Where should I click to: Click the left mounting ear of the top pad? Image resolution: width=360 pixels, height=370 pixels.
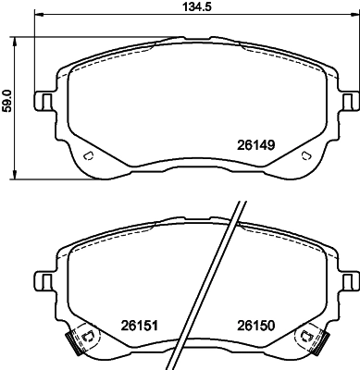click(42, 101)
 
